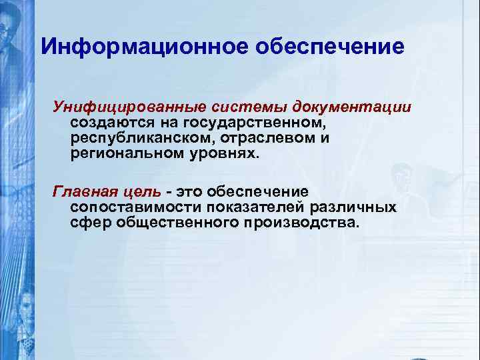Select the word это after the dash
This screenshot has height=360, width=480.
(189, 192)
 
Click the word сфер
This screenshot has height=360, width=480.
(91, 223)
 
